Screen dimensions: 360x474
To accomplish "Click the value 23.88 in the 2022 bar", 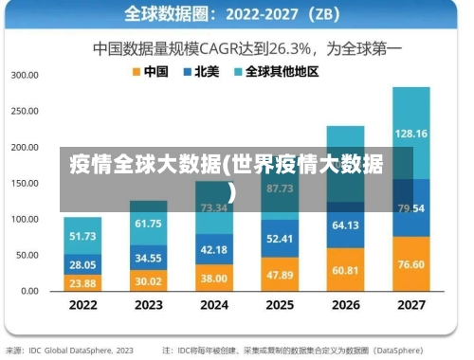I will (x=83, y=282).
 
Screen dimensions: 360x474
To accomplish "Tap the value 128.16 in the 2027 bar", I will (x=411, y=134).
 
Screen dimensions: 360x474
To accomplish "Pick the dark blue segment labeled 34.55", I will (x=148, y=257).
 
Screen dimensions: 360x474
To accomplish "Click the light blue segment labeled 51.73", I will (x=83, y=236).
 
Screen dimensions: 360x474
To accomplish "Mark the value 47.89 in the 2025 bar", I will (x=280, y=274).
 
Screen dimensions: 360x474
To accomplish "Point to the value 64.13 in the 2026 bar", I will (x=345, y=225).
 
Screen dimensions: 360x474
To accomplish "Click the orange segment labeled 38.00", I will (x=214, y=278).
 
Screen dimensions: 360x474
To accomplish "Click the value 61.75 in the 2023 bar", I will (x=148, y=224).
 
